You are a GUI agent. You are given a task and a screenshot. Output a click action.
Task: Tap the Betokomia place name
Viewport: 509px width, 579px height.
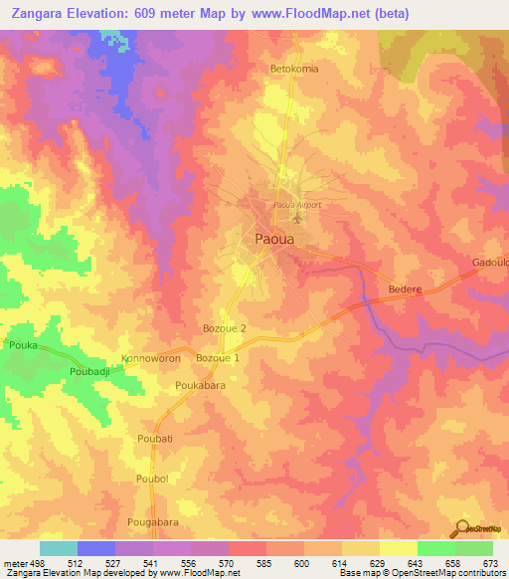click(295, 70)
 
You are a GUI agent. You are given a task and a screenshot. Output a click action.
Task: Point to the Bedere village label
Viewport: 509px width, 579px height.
click(404, 289)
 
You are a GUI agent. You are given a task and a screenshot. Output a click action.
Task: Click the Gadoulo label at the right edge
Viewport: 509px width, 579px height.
click(490, 263)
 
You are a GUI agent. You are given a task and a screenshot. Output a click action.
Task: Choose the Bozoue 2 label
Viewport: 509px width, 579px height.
click(224, 327)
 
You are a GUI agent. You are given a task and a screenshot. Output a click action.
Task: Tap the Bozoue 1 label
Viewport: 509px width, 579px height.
click(218, 357)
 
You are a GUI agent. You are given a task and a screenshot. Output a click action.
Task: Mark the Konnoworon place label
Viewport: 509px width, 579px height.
click(152, 357)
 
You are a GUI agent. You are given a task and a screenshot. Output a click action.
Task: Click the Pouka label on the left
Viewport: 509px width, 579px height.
click(23, 344)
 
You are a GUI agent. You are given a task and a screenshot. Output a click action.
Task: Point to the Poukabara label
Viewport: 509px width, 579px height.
click(200, 384)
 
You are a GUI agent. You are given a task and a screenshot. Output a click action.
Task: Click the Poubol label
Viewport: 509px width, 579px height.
click(152, 479)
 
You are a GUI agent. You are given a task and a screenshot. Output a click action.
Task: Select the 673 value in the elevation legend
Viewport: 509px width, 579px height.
click(491, 562)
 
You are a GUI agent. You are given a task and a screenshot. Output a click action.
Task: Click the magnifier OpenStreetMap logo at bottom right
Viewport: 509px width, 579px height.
click(463, 527)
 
